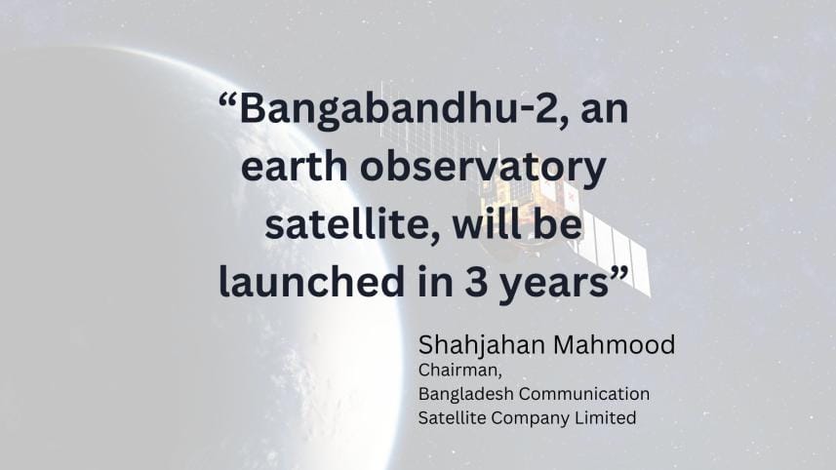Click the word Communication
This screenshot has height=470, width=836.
[x=582, y=394]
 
